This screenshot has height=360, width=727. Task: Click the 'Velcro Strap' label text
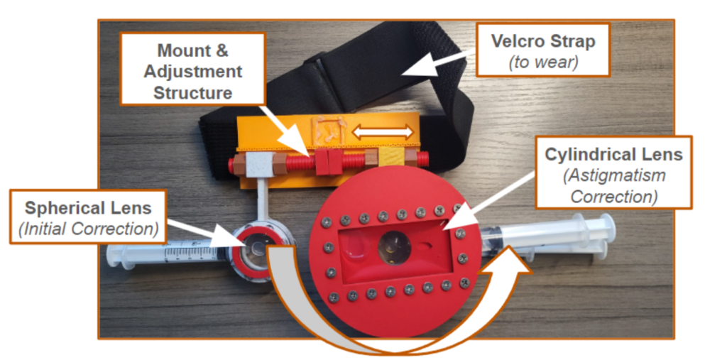click(x=542, y=40)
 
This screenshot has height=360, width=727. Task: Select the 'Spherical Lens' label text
click(x=88, y=208)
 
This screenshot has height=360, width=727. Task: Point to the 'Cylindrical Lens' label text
click(x=613, y=154)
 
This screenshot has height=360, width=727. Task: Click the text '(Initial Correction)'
click(x=88, y=228)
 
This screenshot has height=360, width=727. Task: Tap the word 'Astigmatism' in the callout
click(x=613, y=175)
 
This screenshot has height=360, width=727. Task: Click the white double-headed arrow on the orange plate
click(x=383, y=131)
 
